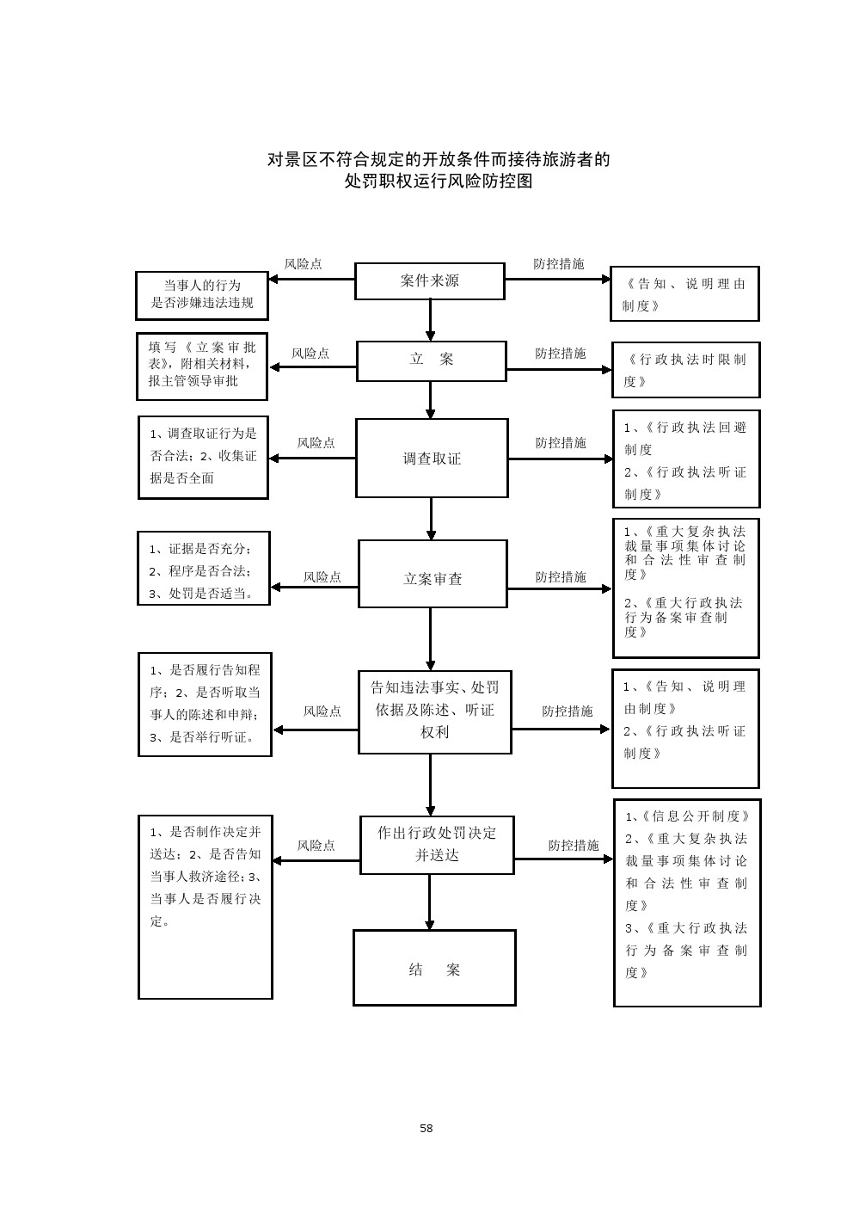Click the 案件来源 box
point(429,281)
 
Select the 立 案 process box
point(431,360)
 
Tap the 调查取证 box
point(432,458)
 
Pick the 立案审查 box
point(433,574)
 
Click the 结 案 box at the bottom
point(434,968)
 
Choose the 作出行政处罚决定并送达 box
point(437,844)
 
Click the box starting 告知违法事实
point(434,711)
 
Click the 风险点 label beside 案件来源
point(304,264)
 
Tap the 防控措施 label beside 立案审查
point(561,577)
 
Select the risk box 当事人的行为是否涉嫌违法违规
point(202,294)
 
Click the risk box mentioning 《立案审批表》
point(202,366)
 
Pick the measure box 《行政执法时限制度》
point(685,370)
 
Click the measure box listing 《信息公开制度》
point(687,902)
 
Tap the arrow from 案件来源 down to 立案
point(431,320)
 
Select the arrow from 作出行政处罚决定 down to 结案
point(431,902)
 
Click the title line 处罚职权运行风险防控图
point(439,182)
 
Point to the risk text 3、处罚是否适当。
point(202,593)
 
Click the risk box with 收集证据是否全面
point(203,457)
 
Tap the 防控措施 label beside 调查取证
point(561,443)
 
